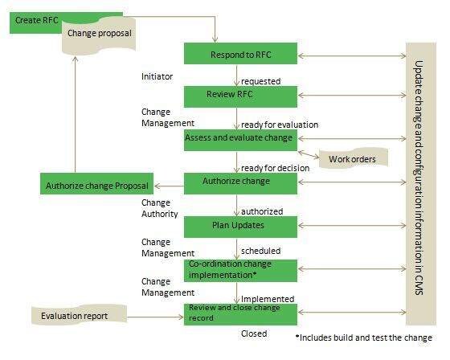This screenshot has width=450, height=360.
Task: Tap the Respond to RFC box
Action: click(240, 55)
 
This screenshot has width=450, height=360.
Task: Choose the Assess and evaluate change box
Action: click(240, 138)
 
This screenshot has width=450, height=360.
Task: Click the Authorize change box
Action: click(240, 182)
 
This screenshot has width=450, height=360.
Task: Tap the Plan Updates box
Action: click(240, 226)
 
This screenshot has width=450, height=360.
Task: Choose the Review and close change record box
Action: click(240, 313)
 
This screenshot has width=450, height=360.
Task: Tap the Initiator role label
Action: click(157, 77)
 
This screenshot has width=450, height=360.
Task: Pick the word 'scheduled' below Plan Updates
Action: click(261, 251)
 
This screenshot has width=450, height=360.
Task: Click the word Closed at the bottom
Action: click(254, 333)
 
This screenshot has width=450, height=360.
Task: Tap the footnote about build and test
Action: click(364, 337)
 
